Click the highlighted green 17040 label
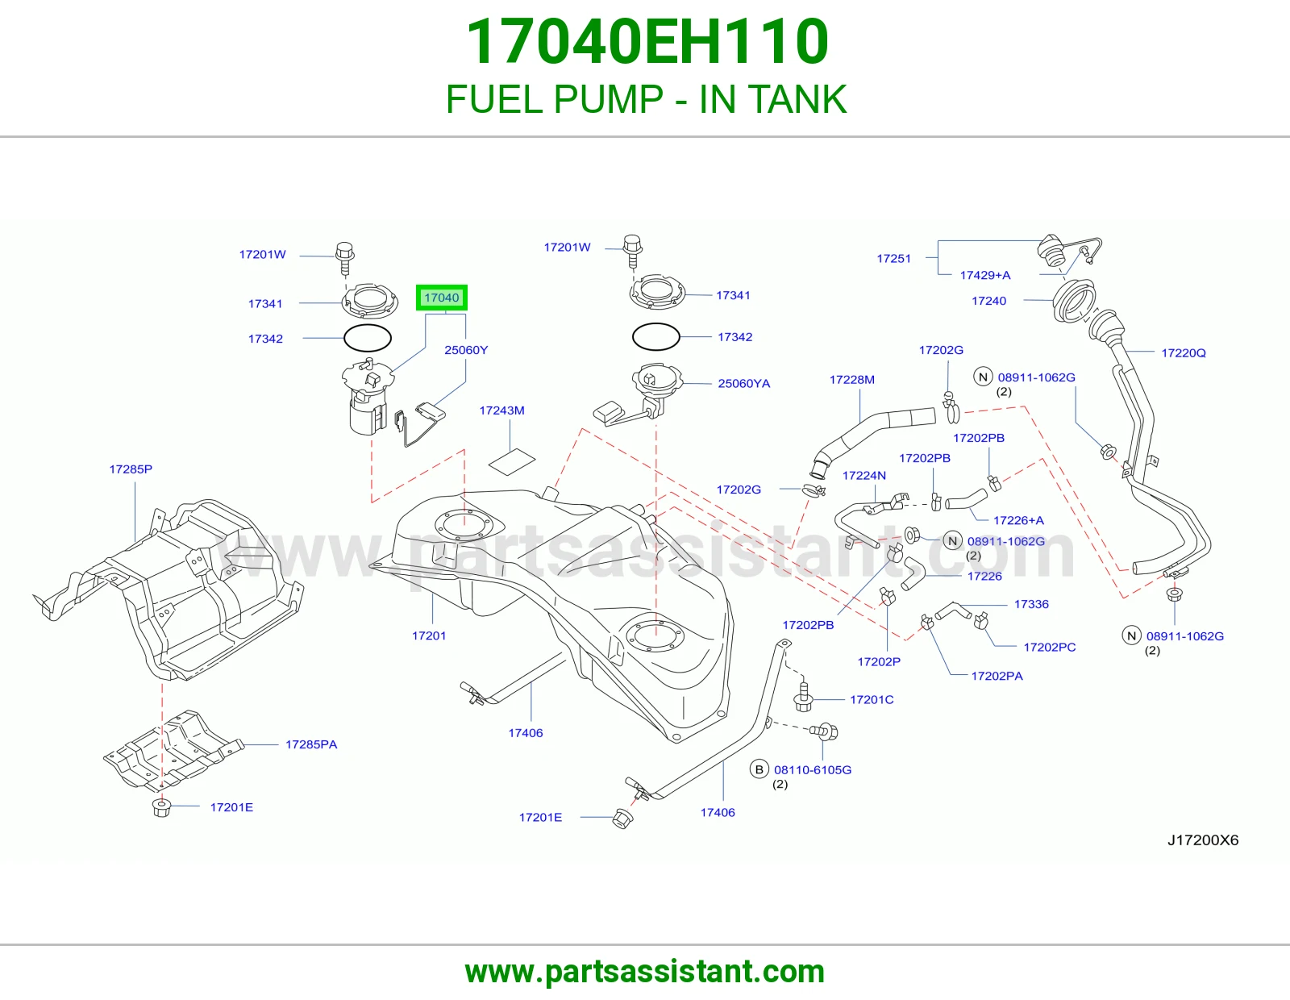point(442,298)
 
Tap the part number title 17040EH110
point(647,41)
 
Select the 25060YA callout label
point(744,384)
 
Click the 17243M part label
point(501,410)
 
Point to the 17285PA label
point(311,744)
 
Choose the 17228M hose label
point(852,380)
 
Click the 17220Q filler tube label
point(1183,352)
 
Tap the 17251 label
point(893,258)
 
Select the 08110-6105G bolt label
point(812,769)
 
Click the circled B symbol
point(759,769)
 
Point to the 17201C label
point(872,699)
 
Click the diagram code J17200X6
point(1203,840)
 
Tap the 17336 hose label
point(1031,604)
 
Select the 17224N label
point(863,475)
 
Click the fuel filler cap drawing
point(1051,251)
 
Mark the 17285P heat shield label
point(131,469)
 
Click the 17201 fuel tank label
point(429,635)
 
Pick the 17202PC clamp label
point(1050,648)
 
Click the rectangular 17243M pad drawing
point(512,461)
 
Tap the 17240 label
point(988,301)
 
